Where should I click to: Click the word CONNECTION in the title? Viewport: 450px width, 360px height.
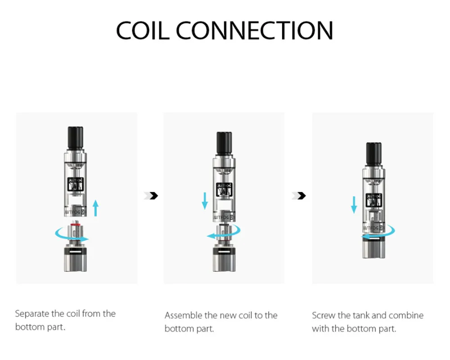click(x=254, y=30)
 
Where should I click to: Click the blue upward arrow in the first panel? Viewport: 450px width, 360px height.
click(x=95, y=208)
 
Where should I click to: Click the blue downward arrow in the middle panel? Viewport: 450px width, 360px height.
click(x=205, y=201)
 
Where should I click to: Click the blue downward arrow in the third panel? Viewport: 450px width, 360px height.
click(x=354, y=204)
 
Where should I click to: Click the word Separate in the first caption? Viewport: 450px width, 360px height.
click(x=33, y=314)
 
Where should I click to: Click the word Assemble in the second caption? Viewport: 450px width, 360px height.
click(x=184, y=315)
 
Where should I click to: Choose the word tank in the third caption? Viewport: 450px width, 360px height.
click(x=361, y=315)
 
